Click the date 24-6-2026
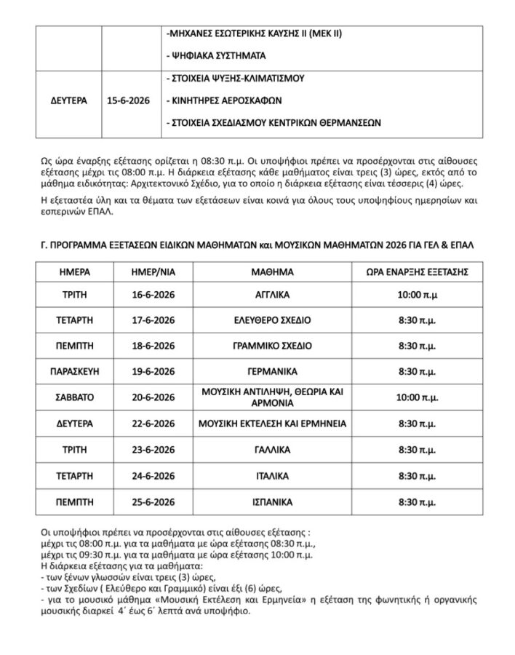pos(149,476)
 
